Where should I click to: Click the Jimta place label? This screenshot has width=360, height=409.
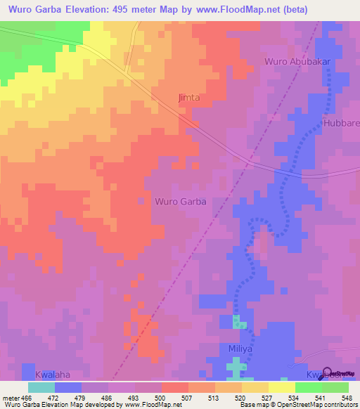tap(188, 98)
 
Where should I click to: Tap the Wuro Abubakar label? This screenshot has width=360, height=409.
tap(297, 62)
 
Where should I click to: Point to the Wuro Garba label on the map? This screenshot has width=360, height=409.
tap(180, 201)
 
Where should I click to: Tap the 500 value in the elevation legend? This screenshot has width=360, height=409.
tap(162, 397)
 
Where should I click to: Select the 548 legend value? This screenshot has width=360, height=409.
tap(347, 397)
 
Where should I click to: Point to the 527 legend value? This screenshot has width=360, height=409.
tap(268, 397)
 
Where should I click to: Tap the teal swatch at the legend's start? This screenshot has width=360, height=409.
tap(41, 387)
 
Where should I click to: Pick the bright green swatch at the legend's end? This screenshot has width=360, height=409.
tap(335, 387)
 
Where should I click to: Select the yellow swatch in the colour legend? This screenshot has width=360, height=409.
tap(281, 387)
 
